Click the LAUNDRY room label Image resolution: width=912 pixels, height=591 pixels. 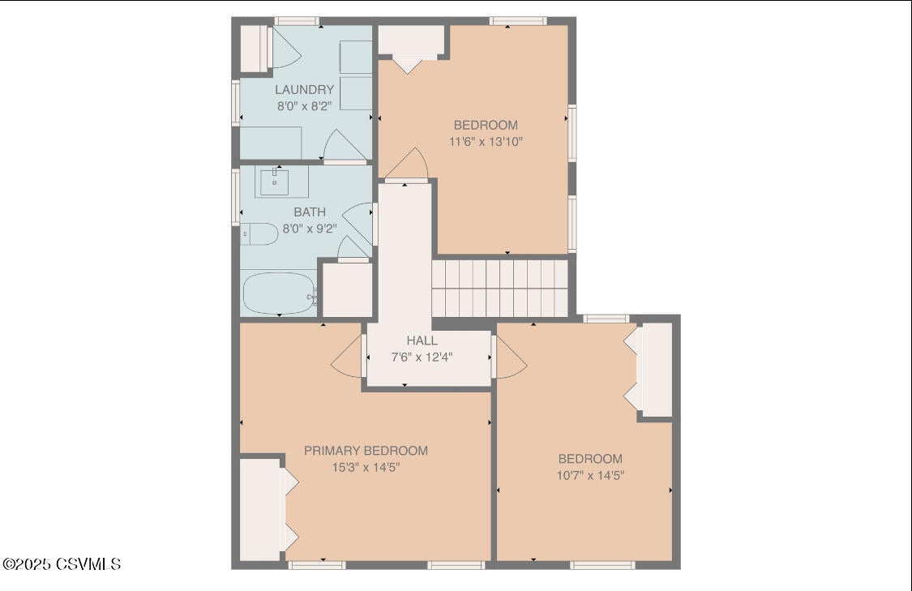point(304,90)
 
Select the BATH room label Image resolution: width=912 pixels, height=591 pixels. point(310,212)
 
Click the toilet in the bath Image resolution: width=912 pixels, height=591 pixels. point(259,234)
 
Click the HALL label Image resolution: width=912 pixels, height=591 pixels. point(422,341)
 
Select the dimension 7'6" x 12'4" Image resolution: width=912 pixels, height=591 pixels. point(422,357)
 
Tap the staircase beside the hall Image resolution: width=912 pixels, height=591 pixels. point(499,288)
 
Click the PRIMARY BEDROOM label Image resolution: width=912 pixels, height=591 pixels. point(366,451)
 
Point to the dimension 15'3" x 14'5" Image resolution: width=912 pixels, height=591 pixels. point(366,467)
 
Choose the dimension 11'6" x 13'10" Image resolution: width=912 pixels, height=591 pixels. point(486,141)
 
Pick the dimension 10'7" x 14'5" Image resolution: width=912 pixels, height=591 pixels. point(590,475)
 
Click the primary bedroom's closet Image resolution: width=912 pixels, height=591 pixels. point(259,509)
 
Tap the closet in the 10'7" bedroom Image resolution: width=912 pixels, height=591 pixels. point(657,370)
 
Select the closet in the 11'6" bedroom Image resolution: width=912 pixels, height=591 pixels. point(411,41)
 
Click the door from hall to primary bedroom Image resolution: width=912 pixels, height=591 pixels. point(349,357)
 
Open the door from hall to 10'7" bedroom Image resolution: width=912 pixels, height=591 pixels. point(509,357)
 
